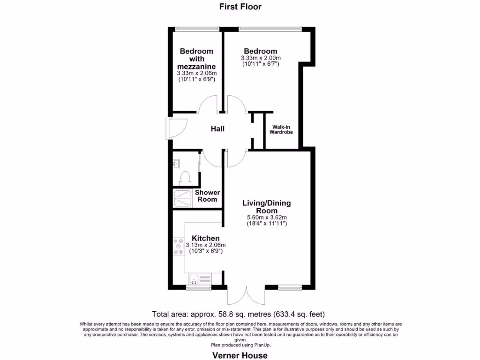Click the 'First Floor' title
coord(240,7)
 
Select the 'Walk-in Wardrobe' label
coord(280,129)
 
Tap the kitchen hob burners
coord(179,247)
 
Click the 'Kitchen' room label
coord(205,239)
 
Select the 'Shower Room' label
coord(207,196)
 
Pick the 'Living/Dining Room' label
coord(266,207)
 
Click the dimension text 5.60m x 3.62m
coord(267,217)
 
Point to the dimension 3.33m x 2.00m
coord(260,58)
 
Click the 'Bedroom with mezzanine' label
coord(197,59)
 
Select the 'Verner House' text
coord(240,355)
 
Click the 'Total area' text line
coord(239,314)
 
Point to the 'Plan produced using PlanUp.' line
coord(240,345)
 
